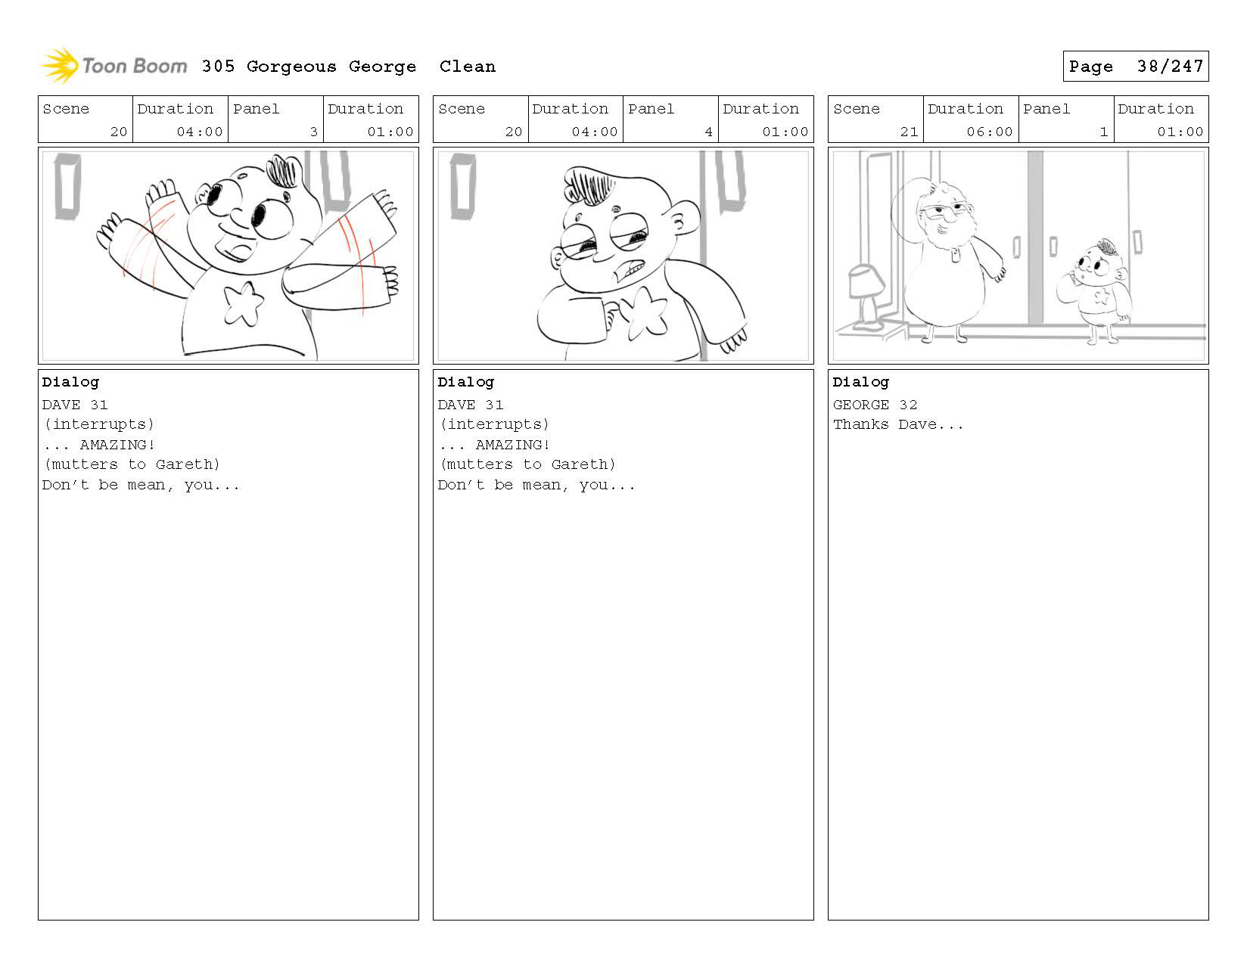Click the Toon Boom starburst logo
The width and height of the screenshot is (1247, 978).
click(x=60, y=65)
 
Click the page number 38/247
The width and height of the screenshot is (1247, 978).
click(x=1170, y=67)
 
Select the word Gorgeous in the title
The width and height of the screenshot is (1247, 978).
click(x=291, y=67)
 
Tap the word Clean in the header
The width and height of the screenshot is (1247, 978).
click(x=468, y=67)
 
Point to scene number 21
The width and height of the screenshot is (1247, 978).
click(x=909, y=132)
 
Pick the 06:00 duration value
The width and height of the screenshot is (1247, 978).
click(x=989, y=132)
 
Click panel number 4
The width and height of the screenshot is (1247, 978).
click(x=709, y=132)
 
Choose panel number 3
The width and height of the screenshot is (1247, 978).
click(x=314, y=132)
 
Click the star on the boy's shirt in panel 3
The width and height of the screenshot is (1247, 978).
click(x=244, y=303)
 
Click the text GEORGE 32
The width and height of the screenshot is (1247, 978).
click(x=875, y=405)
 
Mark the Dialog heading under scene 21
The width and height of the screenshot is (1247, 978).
click(x=861, y=383)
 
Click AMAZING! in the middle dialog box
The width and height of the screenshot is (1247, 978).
click(x=512, y=445)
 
